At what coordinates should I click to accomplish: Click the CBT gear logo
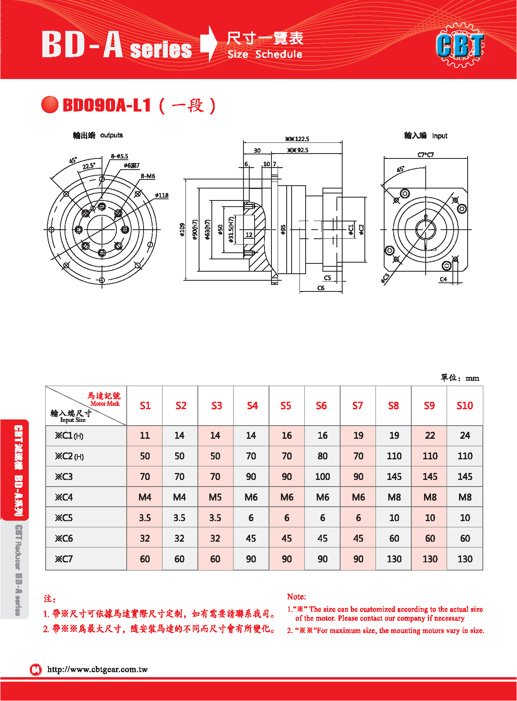point(460,45)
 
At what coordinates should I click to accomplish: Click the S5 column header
point(286,406)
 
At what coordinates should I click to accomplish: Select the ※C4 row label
point(64,497)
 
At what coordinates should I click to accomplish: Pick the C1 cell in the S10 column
point(465,436)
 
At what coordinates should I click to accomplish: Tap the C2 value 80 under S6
point(322,456)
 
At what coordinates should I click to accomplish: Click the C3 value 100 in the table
point(322,477)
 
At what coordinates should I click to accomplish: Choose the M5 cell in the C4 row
point(215,497)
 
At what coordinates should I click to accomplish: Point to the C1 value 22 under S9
point(430,436)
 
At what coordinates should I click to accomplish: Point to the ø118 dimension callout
point(162,195)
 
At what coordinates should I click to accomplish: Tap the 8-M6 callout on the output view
point(148,176)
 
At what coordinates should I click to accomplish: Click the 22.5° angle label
point(89,166)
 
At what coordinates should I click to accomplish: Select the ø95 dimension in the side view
point(283,230)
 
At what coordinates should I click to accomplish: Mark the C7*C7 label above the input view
point(426,155)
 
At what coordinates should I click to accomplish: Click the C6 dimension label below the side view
point(321,288)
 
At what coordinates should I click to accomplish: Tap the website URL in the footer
point(97,669)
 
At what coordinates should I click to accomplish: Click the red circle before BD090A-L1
point(50,105)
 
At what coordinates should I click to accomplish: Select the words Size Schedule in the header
point(265,54)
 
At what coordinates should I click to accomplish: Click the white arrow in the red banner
point(209,43)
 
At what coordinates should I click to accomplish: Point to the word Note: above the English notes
point(297,596)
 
